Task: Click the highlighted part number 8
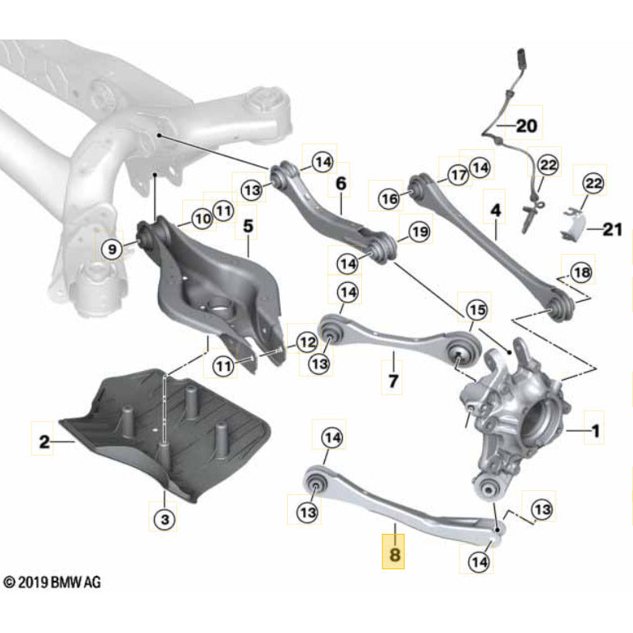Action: pyautogui.click(x=395, y=556)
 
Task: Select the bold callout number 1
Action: pyautogui.click(x=595, y=433)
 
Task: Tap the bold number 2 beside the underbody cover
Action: pyautogui.click(x=44, y=441)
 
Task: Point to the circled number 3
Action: pyautogui.click(x=164, y=520)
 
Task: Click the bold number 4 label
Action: pyautogui.click(x=495, y=210)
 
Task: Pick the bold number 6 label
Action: pyautogui.click(x=340, y=185)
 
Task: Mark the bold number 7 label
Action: pyautogui.click(x=393, y=380)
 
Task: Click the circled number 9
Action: pyautogui.click(x=112, y=249)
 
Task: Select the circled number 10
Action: pyautogui.click(x=201, y=218)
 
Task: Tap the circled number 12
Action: pyautogui.click(x=306, y=342)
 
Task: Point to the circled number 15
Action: pyautogui.click(x=477, y=309)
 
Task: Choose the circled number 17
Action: pyautogui.click(x=458, y=174)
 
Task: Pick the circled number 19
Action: pyautogui.click(x=419, y=232)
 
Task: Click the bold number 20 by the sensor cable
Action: pyautogui.click(x=525, y=126)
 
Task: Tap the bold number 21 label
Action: pyautogui.click(x=611, y=231)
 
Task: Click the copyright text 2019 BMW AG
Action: pyautogui.click(x=50, y=581)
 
